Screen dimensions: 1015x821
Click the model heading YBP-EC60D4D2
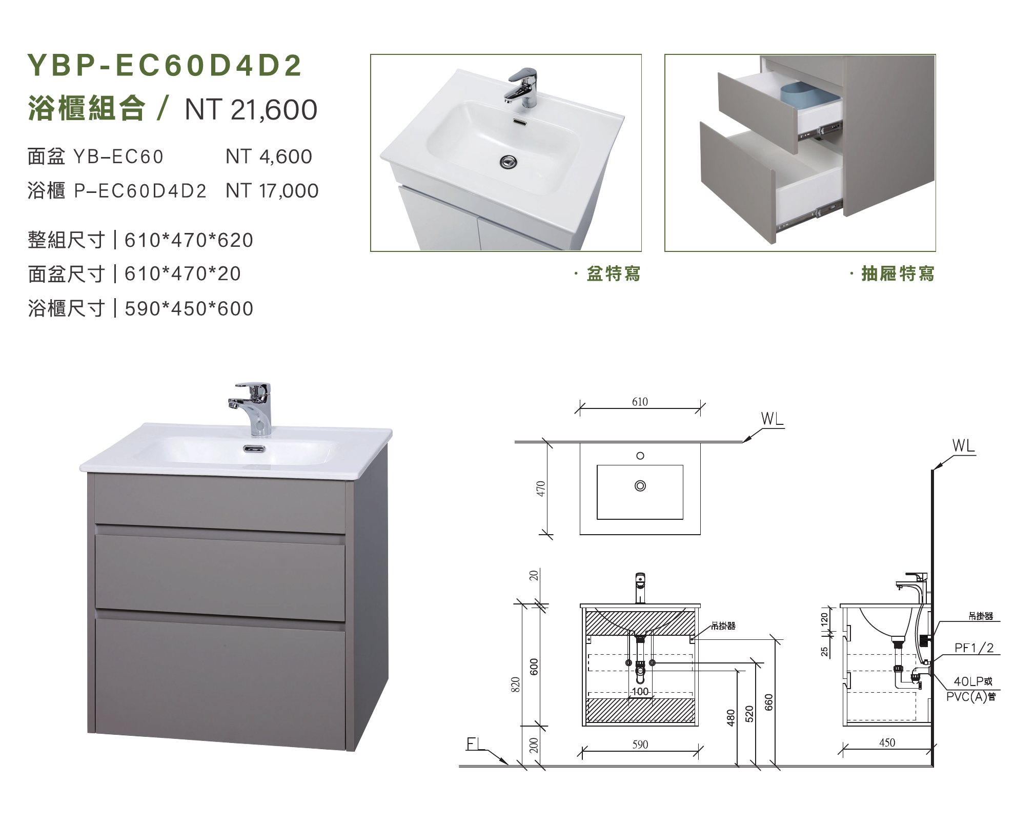165,65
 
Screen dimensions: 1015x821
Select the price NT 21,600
251,110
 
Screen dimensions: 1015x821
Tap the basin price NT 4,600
269,157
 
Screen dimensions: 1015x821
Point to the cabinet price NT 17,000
272,191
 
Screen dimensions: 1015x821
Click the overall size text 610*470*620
189,240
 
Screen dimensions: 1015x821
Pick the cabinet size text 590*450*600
189,309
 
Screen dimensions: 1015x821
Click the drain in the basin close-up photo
509,162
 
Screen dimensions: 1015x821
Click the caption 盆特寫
614,273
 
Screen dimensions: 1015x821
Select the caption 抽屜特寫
898,273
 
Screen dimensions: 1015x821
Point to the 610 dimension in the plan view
640,402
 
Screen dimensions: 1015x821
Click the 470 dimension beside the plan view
541,488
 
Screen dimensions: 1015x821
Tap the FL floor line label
475,744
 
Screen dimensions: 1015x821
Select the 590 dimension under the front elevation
640,745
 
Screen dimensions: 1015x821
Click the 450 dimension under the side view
887,742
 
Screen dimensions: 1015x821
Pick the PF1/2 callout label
974,648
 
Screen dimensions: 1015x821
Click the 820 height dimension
516,685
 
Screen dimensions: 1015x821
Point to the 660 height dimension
768,702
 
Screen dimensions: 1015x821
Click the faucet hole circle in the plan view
640,456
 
